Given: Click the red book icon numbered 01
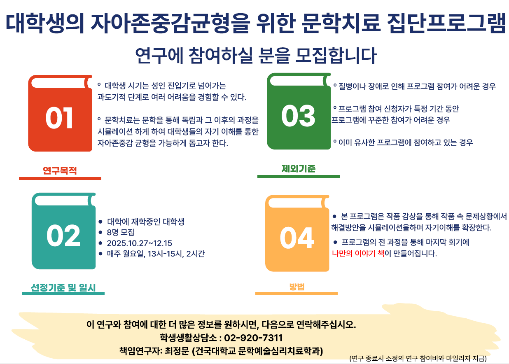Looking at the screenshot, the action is [x=60, y=113].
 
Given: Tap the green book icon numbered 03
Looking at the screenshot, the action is [x=299, y=111].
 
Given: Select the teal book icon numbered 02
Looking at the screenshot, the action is [x=63, y=231].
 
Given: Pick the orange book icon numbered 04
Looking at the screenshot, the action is [x=297, y=233].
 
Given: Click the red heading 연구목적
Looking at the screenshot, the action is [x=60, y=170].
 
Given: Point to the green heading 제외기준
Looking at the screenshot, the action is [x=299, y=168].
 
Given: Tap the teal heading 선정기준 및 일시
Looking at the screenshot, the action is [x=63, y=288].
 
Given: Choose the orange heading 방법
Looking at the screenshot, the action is [x=297, y=287].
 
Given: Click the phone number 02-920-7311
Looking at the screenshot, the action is [x=253, y=338].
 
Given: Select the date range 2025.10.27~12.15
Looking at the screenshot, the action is [x=140, y=243].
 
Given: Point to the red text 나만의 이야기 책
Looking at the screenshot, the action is [x=358, y=253].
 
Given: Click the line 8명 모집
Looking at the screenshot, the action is [x=120, y=232].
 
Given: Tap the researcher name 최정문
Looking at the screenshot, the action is [x=177, y=351].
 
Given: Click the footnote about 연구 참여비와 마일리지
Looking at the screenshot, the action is [x=418, y=359].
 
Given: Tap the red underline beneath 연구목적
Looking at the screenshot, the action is [x=60, y=179].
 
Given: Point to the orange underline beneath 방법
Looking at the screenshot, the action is [x=297, y=293].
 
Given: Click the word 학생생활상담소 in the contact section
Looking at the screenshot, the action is [x=188, y=338].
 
